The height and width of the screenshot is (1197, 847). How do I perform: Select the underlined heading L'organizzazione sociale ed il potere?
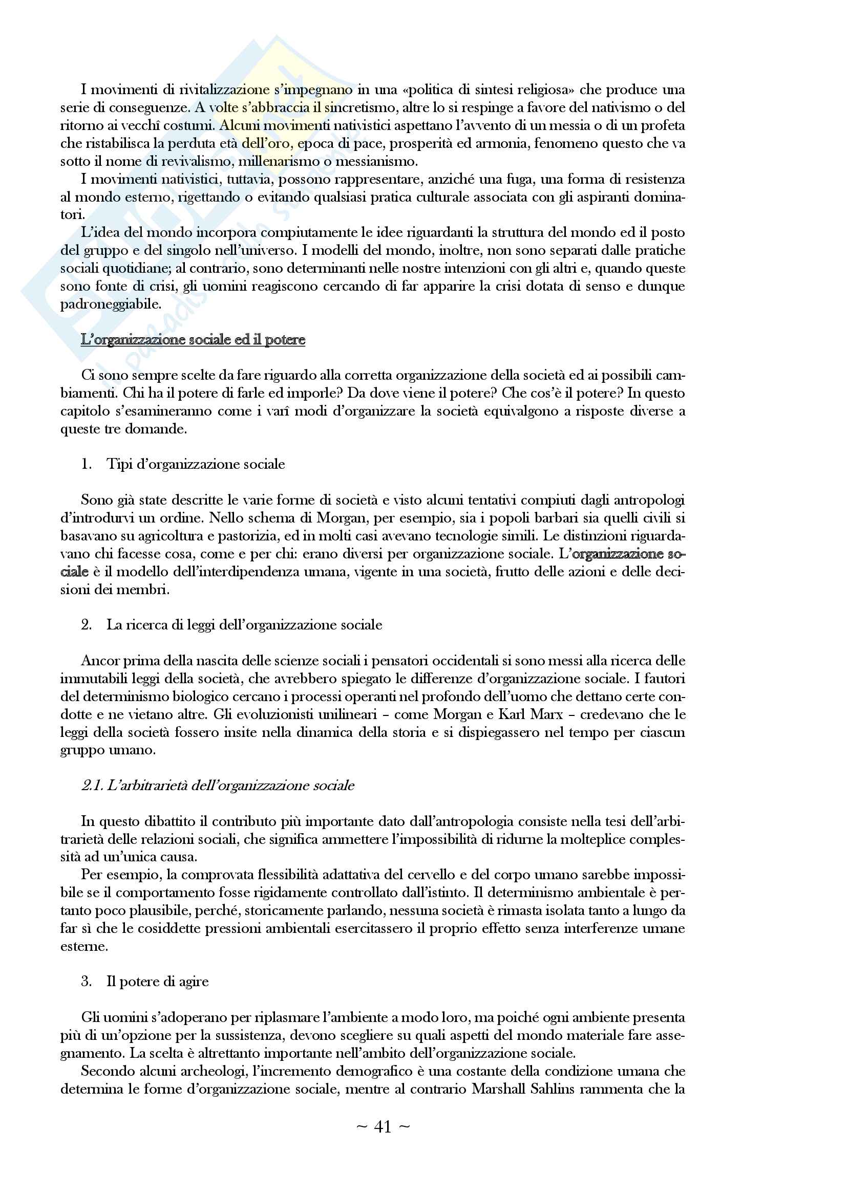point(193,340)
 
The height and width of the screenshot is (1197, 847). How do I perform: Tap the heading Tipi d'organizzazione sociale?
point(196,465)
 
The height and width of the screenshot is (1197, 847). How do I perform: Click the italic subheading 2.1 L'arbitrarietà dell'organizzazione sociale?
point(218,786)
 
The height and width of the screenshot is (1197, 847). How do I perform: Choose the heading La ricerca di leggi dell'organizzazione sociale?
point(244,625)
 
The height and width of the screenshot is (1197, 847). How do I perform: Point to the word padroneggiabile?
point(111,304)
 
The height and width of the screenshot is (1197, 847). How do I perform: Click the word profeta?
point(662,126)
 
